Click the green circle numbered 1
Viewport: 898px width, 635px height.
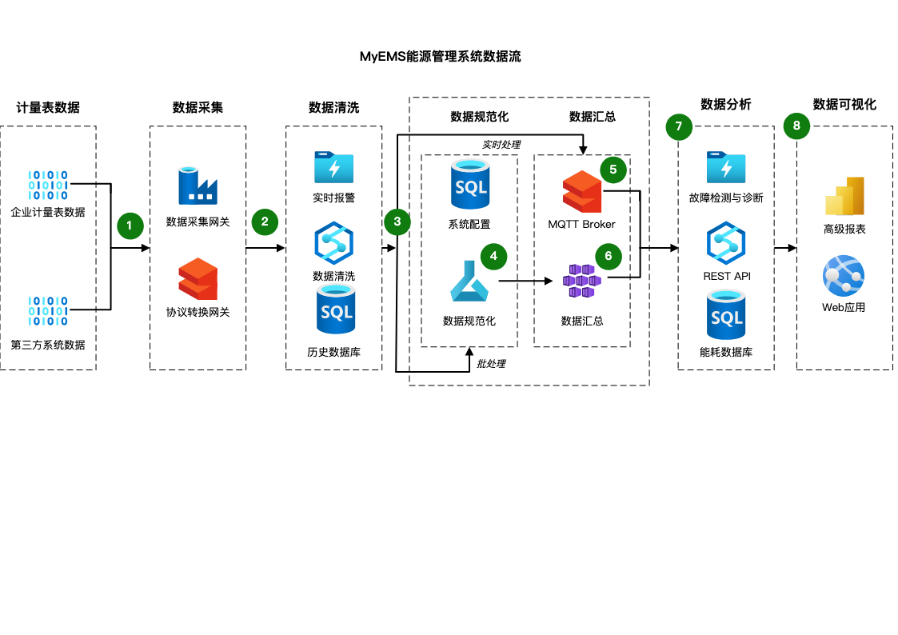(x=130, y=226)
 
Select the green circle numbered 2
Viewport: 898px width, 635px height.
(x=265, y=222)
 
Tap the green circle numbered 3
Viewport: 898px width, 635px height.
(x=397, y=222)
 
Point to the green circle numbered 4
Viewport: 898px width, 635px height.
(x=493, y=256)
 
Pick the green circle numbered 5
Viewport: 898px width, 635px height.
(x=613, y=170)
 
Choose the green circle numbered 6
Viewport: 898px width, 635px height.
(x=609, y=256)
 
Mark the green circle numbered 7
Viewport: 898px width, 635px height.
(x=679, y=126)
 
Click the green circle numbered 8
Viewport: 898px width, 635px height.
(x=796, y=126)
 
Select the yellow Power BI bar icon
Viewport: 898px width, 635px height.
(x=844, y=196)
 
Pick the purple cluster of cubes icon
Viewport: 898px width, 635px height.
(x=582, y=281)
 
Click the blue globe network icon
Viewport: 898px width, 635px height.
(x=844, y=276)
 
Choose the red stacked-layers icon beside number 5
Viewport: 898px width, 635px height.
(x=582, y=191)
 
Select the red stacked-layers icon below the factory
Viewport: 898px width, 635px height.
(x=198, y=278)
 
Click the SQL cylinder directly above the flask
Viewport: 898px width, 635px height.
(x=470, y=184)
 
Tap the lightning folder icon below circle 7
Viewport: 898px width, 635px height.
(x=726, y=167)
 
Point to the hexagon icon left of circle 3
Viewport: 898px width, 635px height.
(x=333, y=243)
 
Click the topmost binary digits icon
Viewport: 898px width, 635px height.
(x=49, y=185)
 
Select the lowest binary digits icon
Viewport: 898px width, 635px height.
(x=49, y=311)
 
